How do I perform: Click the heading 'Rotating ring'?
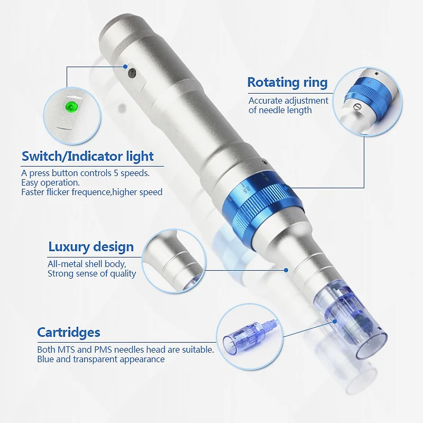[287, 82]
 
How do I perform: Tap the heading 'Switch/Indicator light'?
[87, 156]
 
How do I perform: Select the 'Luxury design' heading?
[91, 246]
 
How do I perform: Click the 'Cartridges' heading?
[69, 332]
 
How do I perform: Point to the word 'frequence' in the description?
[92, 192]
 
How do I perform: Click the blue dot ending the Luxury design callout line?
[286, 270]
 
